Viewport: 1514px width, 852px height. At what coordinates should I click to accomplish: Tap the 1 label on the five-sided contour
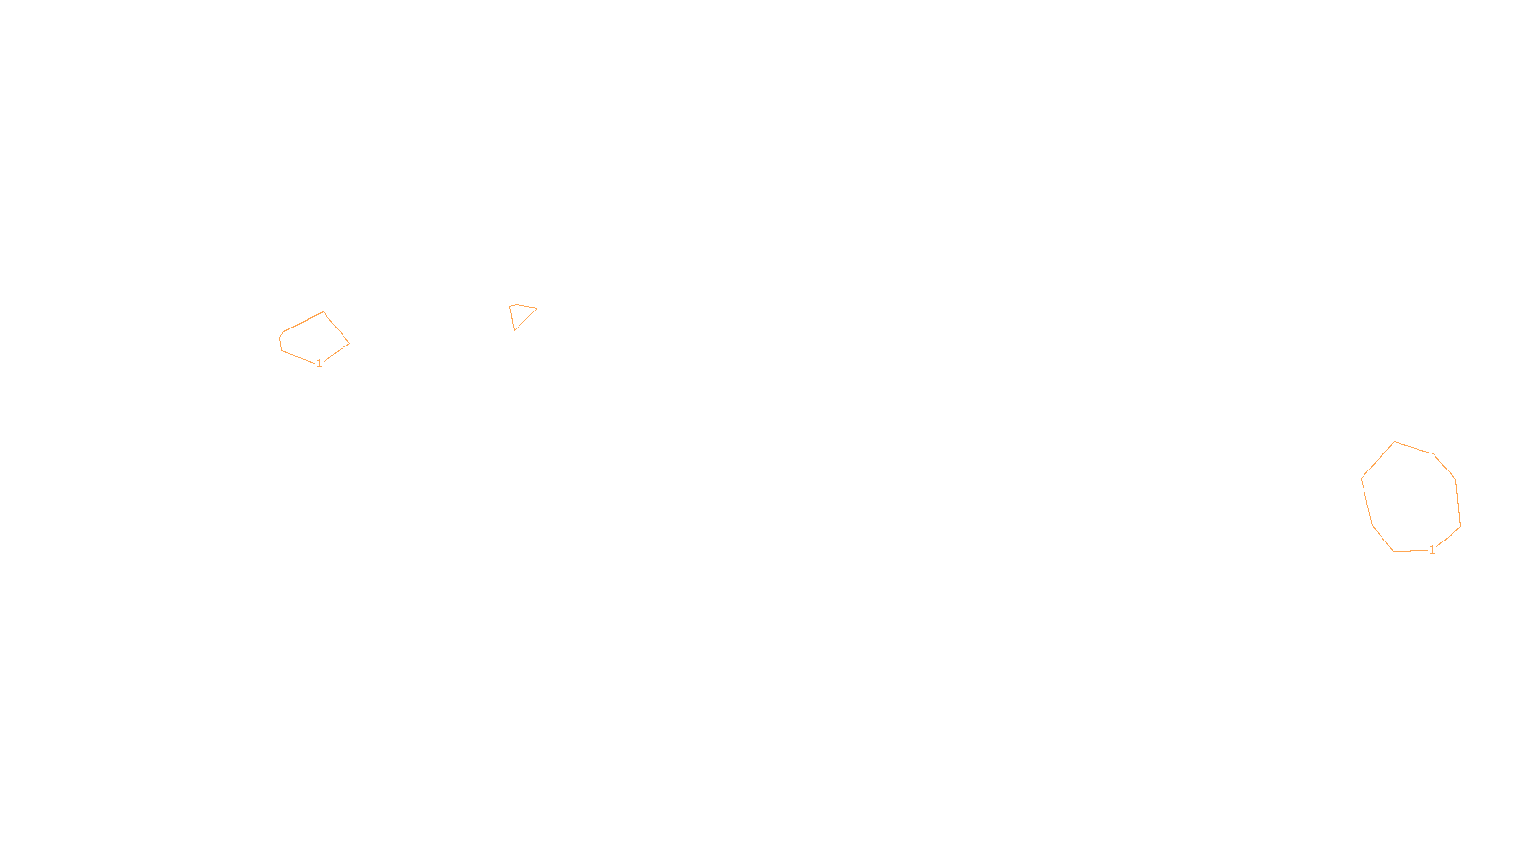(319, 364)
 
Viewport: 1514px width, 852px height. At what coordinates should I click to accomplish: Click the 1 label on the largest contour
(1432, 550)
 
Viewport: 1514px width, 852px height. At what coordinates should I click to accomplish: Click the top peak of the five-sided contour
(324, 312)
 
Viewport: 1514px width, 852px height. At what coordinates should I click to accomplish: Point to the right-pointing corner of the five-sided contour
(349, 343)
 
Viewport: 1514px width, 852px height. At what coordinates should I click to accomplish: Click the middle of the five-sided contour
(315, 339)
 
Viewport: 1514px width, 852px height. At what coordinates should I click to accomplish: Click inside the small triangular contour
(519, 314)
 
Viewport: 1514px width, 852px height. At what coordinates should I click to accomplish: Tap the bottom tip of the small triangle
(514, 330)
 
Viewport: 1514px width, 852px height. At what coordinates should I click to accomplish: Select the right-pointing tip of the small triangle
(537, 308)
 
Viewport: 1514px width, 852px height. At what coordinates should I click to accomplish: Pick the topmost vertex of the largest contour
(1395, 442)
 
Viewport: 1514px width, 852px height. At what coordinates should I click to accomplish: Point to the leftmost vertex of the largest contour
(1362, 479)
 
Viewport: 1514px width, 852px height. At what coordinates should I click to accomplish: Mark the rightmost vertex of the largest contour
(1460, 525)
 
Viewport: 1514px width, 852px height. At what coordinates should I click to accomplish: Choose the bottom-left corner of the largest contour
(1394, 551)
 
